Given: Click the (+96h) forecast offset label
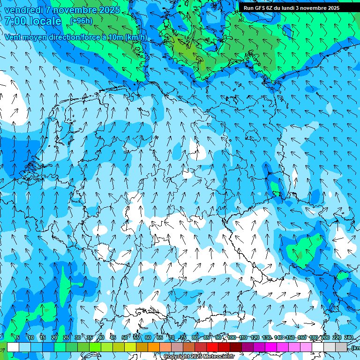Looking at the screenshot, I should (x=81, y=21).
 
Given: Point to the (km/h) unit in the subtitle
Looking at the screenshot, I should (x=135, y=37).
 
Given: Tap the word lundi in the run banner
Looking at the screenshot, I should (x=286, y=8).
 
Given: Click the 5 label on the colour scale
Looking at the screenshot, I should (x=18, y=338).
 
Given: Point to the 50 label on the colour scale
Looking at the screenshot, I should (x=124, y=338).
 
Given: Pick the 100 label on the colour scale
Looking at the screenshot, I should (x=232, y=338).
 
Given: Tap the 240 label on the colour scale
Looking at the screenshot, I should (x=348, y=338).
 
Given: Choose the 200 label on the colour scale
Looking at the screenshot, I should (x=325, y=338).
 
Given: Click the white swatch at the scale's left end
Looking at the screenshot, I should (x=13, y=347).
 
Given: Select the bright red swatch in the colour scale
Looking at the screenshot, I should (x=212, y=347).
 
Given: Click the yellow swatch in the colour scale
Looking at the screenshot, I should (x=130, y=347).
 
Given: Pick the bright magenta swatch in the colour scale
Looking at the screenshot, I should (x=271, y=347).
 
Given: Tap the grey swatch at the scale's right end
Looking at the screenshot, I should (x=341, y=347).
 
